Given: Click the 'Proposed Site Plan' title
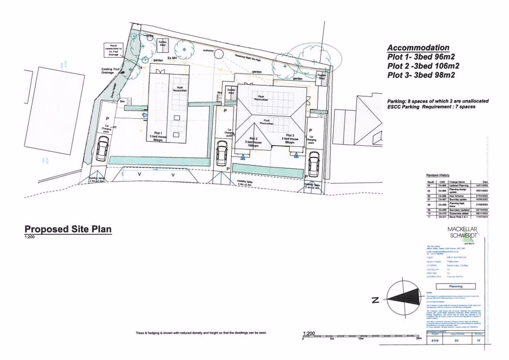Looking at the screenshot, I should (x=68, y=229).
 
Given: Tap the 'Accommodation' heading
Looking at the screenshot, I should (x=418, y=47).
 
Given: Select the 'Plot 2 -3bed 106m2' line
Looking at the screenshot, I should (x=423, y=66).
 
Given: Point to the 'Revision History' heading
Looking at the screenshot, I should (x=438, y=175).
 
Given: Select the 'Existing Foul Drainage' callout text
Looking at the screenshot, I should (x=113, y=71).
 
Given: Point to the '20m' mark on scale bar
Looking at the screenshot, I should (x=418, y=339).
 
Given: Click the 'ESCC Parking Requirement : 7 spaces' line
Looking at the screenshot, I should (x=431, y=107).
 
